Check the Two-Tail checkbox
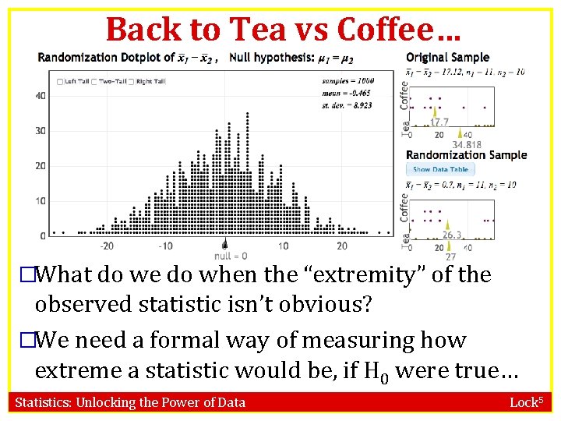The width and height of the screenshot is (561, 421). (x=94, y=82)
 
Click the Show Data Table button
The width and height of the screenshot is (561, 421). (x=440, y=169)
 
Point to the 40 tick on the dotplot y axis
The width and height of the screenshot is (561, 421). (x=41, y=96)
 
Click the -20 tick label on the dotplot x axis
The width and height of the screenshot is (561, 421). (x=107, y=246)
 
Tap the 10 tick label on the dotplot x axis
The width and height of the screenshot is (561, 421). (x=283, y=246)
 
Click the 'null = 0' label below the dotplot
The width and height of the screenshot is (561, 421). (x=231, y=256)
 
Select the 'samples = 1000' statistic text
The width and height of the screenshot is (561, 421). (x=348, y=80)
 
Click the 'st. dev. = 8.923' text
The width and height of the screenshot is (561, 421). (x=348, y=104)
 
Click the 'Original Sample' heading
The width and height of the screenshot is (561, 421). (x=448, y=57)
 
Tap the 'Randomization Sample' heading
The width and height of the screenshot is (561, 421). (x=466, y=154)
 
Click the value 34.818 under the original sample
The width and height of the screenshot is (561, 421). (x=467, y=144)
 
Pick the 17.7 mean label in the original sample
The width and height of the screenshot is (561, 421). (x=439, y=122)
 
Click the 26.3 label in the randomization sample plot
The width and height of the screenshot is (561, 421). (x=452, y=235)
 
